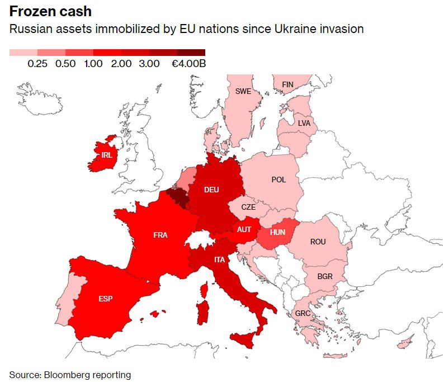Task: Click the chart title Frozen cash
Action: [50, 11]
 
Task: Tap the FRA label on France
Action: [160, 235]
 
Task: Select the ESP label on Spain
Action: [105, 299]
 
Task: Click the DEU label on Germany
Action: [211, 190]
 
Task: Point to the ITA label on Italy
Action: [220, 260]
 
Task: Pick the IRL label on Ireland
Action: [106, 155]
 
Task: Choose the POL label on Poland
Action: [278, 180]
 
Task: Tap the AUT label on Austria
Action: [244, 229]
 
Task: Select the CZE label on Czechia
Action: [248, 206]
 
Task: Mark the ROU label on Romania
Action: [318, 242]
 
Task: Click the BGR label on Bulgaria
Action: [325, 276]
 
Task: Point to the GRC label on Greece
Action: [303, 313]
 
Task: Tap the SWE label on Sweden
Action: [243, 91]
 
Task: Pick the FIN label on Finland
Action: [287, 84]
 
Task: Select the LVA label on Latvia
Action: [304, 122]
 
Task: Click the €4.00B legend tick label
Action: [188, 64]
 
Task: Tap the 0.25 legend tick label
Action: [37, 64]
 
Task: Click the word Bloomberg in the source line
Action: [69, 374]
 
